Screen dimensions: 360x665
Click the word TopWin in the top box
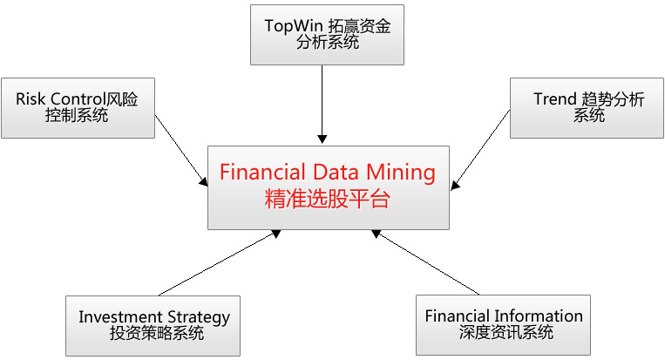click(292, 25)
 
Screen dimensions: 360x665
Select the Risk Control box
click(78, 107)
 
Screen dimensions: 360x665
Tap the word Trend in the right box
click(555, 99)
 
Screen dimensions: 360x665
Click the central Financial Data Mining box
click(329, 187)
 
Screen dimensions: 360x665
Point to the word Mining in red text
click(400, 172)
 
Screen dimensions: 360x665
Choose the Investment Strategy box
click(153, 324)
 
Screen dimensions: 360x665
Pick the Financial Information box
click(503, 324)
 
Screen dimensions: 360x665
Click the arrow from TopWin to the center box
click(322, 105)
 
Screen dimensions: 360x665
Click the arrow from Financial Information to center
click(427, 262)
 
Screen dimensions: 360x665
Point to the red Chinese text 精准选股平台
click(327, 199)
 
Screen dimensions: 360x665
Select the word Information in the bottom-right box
click(539, 316)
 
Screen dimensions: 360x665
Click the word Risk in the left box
click(31, 98)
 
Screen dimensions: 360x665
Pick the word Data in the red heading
click(335, 172)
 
